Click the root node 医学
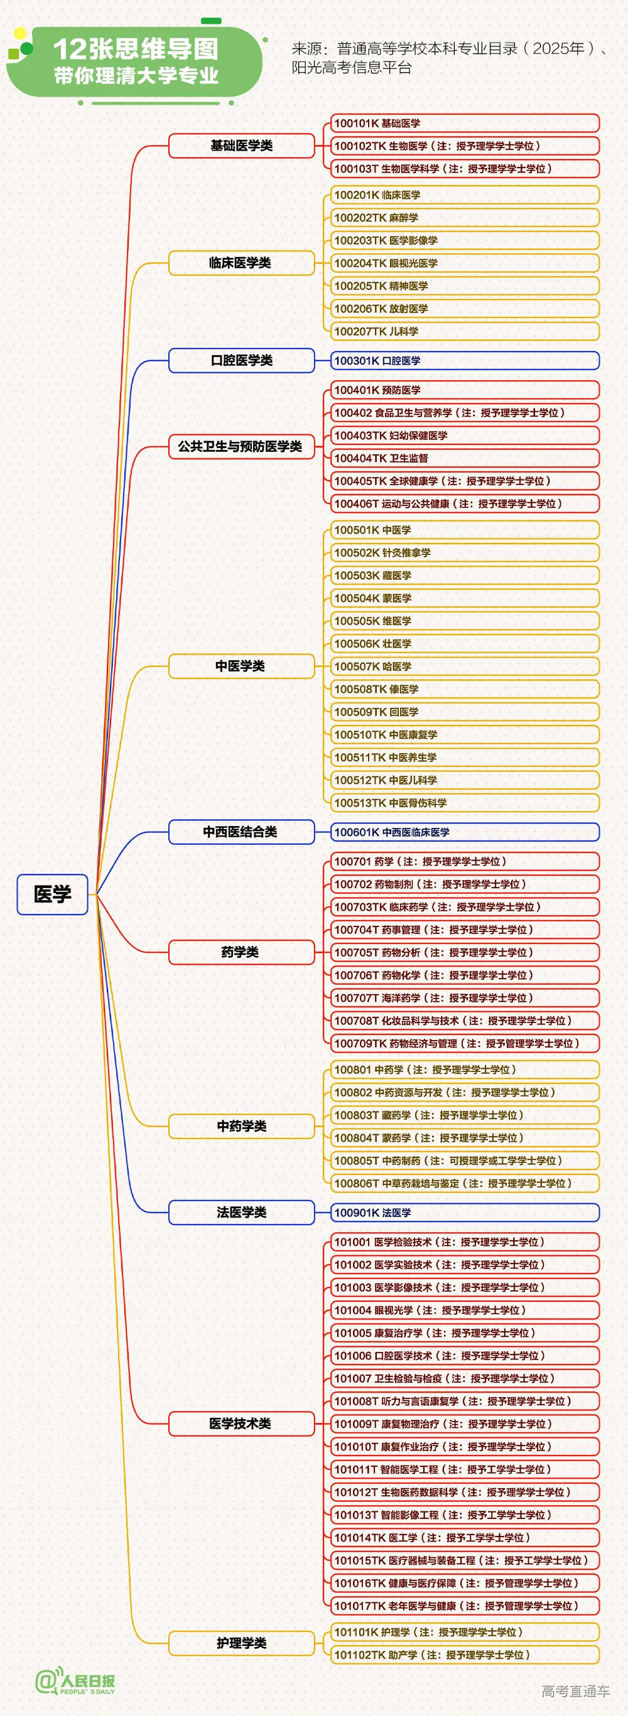coord(52,894)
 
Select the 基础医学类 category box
coord(241,145)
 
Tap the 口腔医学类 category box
coord(241,360)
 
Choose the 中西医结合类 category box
coord(241,832)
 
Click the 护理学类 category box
coord(241,1643)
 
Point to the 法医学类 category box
coord(241,1212)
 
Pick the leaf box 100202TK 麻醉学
coord(465,218)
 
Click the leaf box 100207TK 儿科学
coord(465,331)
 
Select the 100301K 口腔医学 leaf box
coord(465,360)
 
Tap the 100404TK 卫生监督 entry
coord(465,458)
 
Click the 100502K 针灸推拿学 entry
coord(465,553)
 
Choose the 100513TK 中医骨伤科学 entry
coord(465,803)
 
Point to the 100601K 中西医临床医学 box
coord(465,832)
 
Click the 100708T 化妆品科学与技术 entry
coord(465,1021)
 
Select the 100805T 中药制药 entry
coord(465,1161)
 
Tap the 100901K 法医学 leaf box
coord(465,1213)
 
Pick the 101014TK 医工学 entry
coord(465,1538)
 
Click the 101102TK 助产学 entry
coord(465,1654)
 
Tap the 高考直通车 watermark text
coord(575,1690)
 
